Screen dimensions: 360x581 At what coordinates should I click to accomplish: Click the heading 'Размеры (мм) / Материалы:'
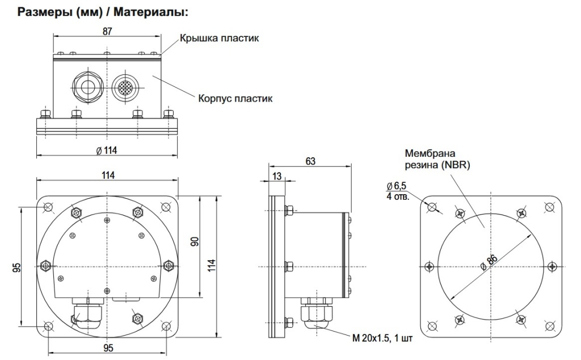tap(103, 12)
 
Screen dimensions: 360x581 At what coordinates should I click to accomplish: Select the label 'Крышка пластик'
tap(220, 39)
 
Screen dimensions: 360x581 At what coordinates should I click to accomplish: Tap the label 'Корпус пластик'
tap(235, 98)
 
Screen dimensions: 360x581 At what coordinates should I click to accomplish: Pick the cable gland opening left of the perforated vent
tap(87, 87)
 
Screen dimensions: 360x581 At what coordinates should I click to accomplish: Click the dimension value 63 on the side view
tap(310, 162)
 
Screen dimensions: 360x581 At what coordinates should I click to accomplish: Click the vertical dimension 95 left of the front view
tap(16, 267)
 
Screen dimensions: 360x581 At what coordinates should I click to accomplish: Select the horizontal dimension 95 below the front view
tap(107, 348)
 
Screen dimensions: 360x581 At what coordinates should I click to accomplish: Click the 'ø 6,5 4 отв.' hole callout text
tap(397, 191)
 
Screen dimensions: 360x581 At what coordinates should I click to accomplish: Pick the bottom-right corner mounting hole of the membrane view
tap(550, 325)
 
